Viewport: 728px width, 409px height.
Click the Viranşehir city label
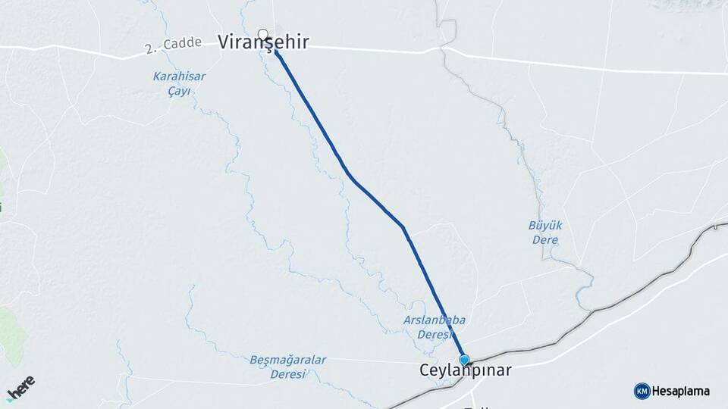[263, 43]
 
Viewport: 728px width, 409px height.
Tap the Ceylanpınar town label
[465, 371]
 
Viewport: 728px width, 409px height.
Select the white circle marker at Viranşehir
[263, 34]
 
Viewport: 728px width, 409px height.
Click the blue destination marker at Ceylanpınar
[464, 360]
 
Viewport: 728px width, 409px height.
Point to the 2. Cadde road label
[173, 45]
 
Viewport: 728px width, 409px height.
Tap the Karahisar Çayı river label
[179, 83]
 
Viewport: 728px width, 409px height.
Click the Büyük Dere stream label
[545, 233]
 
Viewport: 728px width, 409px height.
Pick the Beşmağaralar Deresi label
[287, 367]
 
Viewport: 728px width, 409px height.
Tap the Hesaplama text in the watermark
[680, 391]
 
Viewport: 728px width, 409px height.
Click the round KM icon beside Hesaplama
[642, 391]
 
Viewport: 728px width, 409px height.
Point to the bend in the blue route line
[403, 226]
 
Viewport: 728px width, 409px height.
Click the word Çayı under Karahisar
[179, 91]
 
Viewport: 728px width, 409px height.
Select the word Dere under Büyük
[545, 240]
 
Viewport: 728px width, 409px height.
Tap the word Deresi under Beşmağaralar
[287, 374]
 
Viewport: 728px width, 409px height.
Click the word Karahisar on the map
[179, 76]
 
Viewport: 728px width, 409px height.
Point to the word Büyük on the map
[545, 225]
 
